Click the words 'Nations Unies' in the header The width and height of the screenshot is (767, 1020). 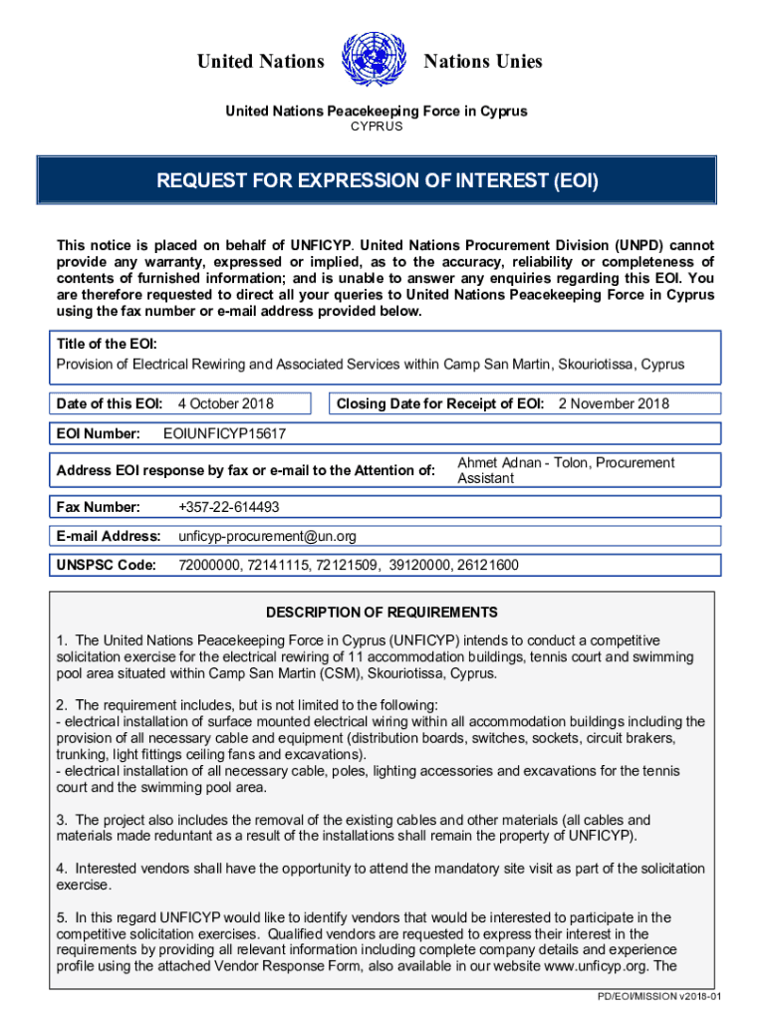[483, 62]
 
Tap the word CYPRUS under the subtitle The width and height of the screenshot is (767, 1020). [376, 127]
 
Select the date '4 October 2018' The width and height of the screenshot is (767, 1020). [225, 404]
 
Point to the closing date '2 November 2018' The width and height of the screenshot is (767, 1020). [614, 404]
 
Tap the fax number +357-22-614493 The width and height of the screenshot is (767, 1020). [228, 507]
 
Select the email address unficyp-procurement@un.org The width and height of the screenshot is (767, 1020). [267, 536]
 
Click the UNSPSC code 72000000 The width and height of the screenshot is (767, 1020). [208, 566]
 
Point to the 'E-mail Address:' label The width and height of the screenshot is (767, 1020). [109, 536]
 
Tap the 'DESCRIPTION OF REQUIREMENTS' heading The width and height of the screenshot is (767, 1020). [382, 613]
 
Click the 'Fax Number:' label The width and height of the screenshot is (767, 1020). [99, 507]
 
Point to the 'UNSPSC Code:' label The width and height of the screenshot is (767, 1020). [107, 566]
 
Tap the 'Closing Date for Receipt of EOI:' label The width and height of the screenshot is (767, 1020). [440, 404]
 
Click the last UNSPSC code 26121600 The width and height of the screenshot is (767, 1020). [487, 566]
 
